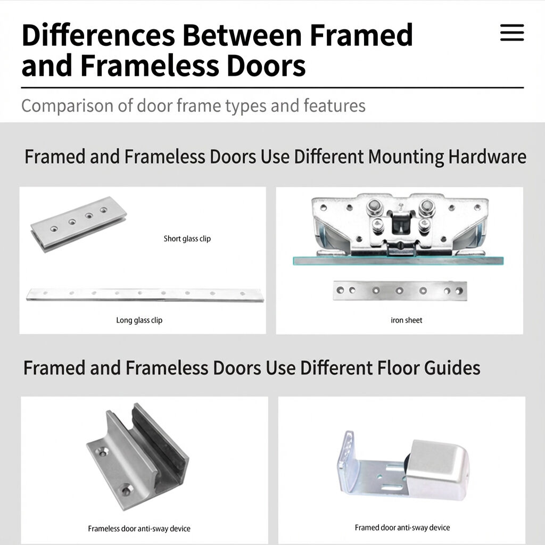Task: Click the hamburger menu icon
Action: click(512, 32)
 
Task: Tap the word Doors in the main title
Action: click(266, 65)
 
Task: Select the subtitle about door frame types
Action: click(193, 106)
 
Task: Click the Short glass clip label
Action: click(187, 238)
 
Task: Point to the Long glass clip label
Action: click(139, 320)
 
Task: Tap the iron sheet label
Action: click(406, 320)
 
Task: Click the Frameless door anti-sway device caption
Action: click(139, 529)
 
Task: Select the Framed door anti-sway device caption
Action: click(402, 527)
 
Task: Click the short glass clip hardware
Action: click(79, 224)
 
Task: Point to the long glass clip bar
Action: click(145, 295)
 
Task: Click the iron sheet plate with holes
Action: click(400, 291)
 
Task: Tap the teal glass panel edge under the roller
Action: click(398, 261)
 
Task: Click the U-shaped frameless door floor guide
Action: click(137, 456)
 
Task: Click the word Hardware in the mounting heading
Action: click(488, 156)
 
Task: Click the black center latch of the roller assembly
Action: click(401, 223)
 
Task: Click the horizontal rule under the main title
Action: click(272, 88)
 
